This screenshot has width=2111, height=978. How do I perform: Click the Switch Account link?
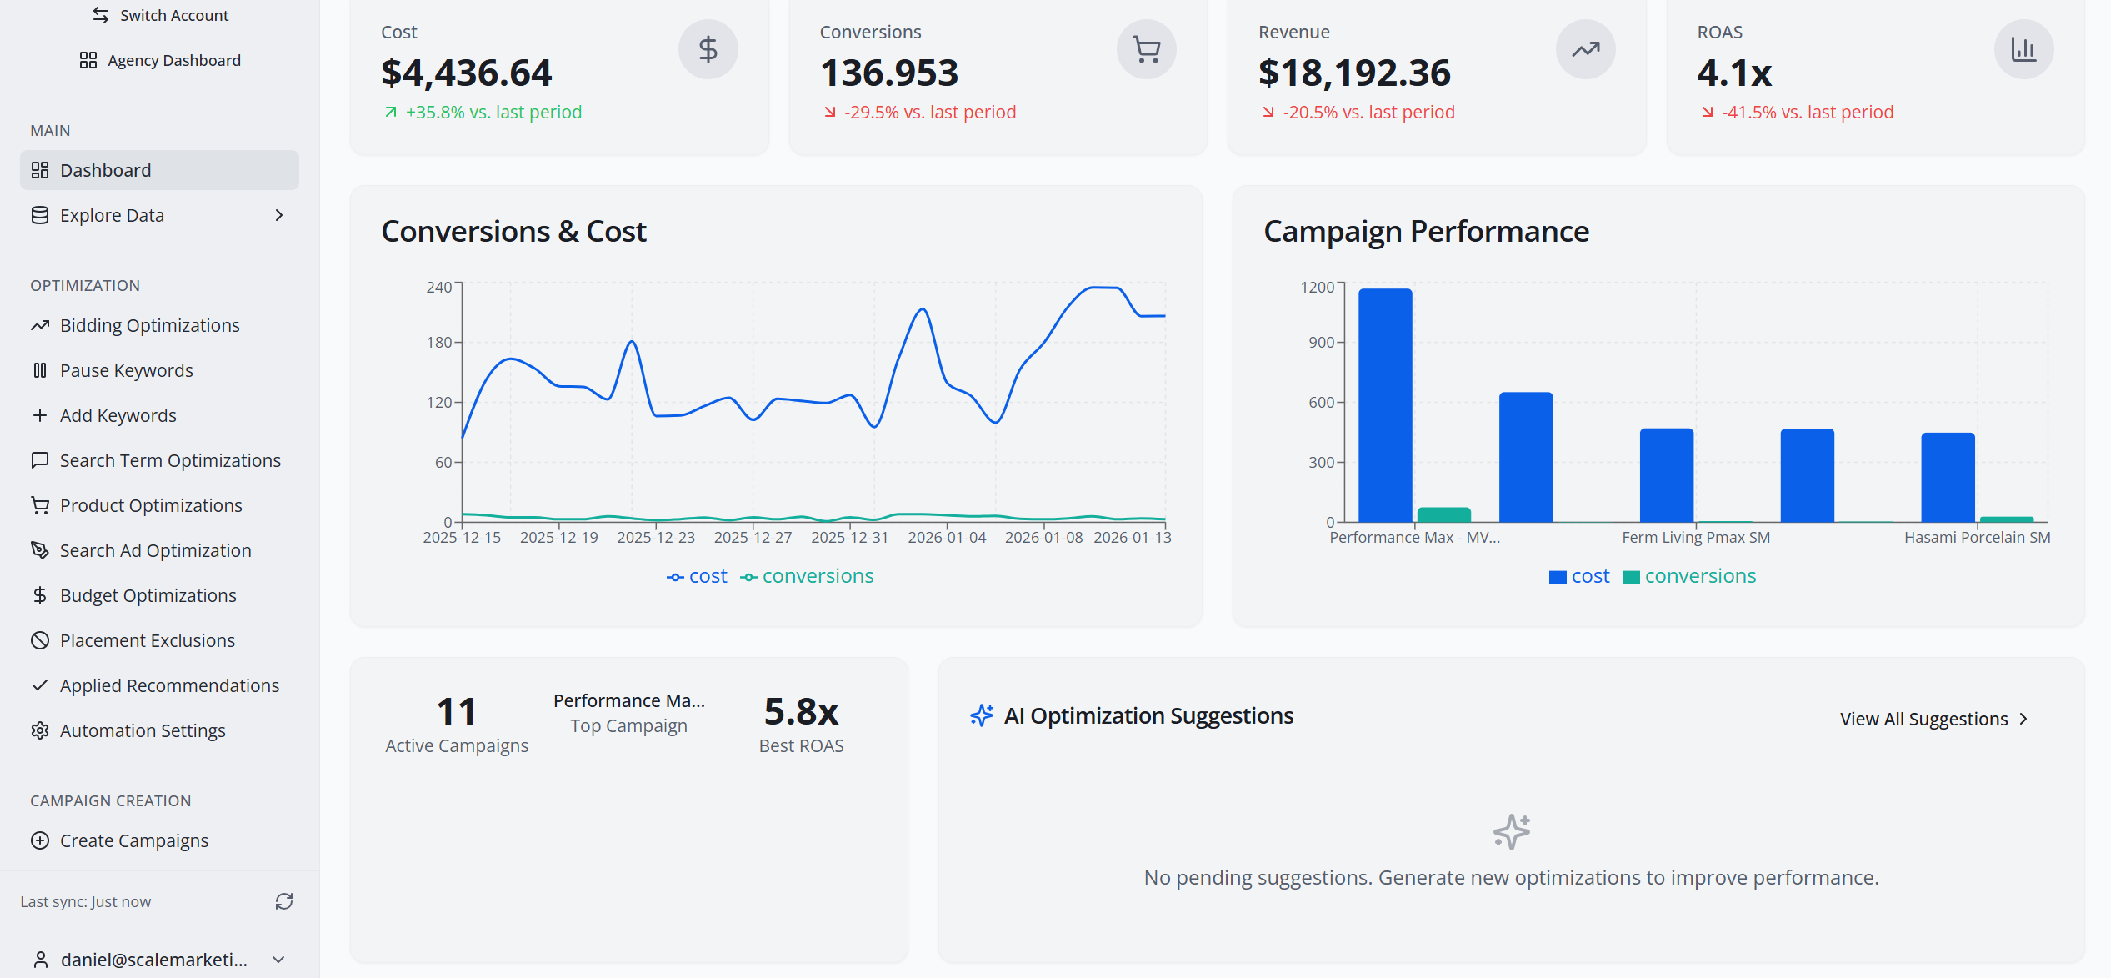point(160,15)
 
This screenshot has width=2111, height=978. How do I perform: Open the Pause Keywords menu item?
point(126,370)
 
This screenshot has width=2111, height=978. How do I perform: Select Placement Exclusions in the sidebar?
point(147,640)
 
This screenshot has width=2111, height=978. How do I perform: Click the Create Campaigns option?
point(133,840)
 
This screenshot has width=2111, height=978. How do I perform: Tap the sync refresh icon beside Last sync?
point(284,901)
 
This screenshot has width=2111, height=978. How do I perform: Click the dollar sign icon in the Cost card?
point(708,50)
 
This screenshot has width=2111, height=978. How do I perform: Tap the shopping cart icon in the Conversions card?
point(1147,50)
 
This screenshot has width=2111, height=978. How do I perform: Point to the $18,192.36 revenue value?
point(1354,73)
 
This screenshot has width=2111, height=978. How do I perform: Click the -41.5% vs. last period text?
point(1807,112)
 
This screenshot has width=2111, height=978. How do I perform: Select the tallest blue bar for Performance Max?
point(1385,405)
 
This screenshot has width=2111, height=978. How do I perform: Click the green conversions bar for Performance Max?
point(1443,514)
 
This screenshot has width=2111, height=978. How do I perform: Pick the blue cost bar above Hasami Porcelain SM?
point(1948,477)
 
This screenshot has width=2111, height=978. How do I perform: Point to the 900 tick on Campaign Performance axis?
point(1321,342)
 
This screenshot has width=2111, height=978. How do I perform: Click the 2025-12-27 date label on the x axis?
point(753,538)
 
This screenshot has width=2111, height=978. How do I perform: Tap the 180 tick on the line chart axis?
point(438,342)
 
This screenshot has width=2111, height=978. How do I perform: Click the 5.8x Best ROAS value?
point(801,711)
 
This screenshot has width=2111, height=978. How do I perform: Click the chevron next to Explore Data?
point(279,215)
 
